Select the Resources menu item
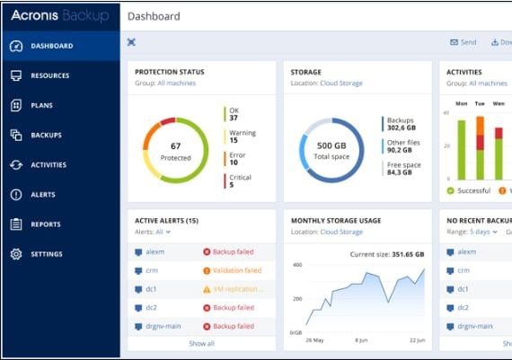click(49, 75)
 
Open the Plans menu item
click(41, 105)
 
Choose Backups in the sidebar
click(46, 135)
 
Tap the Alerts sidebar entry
click(42, 195)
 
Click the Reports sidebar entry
click(45, 224)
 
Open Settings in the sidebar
click(47, 254)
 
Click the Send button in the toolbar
click(464, 42)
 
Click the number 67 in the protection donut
click(176, 145)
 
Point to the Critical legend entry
click(240, 181)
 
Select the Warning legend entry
click(242, 136)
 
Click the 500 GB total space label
click(331, 145)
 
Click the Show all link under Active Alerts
click(201, 343)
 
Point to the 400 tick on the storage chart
click(296, 265)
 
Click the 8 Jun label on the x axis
click(362, 340)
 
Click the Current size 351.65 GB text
click(386, 254)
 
